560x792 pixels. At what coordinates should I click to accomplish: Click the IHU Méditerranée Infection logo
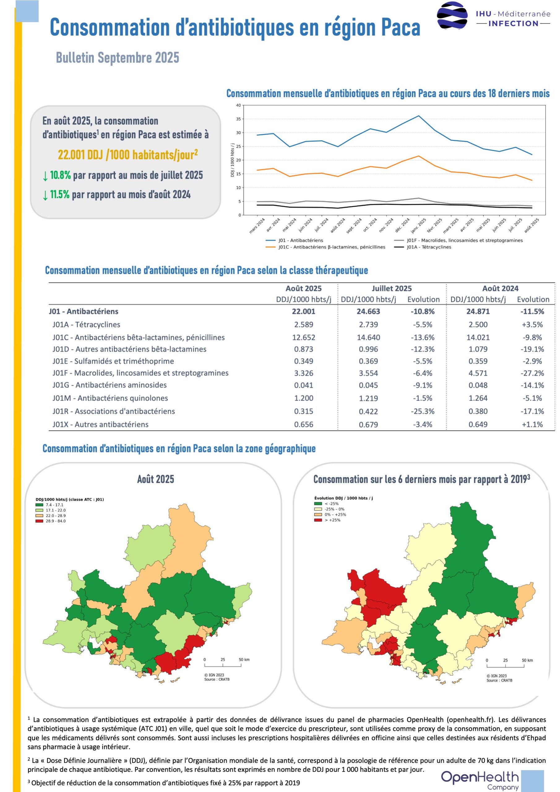(493, 16)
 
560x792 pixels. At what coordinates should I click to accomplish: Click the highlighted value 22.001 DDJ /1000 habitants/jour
(128, 155)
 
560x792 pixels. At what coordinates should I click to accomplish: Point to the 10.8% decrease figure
(60, 175)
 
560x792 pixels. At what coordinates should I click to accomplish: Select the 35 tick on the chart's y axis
(239, 119)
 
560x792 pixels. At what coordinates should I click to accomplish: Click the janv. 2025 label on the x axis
(418, 225)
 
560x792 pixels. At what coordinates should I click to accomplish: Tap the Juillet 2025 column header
(392, 288)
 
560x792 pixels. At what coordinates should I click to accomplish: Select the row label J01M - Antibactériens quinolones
(110, 398)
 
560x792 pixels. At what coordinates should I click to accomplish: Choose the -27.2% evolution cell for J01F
(532, 373)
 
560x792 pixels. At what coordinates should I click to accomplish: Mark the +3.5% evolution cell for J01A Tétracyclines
(532, 325)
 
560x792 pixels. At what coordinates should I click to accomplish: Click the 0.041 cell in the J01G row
(304, 385)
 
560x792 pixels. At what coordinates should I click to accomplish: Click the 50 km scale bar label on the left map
(244, 660)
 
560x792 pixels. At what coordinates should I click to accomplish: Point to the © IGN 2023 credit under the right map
(497, 676)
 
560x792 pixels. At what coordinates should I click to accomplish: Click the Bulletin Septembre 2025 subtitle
(118, 58)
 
